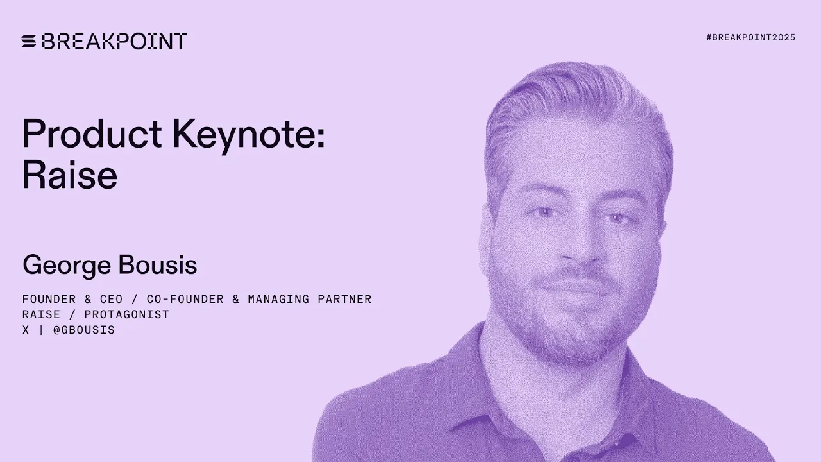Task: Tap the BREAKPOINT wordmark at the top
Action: click(114, 42)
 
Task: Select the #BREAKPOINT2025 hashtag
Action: click(750, 38)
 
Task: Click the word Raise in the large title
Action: click(69, 175)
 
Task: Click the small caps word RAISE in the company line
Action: click(41, 314)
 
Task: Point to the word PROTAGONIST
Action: click(126, 314)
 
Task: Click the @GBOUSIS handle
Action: click(84, 330)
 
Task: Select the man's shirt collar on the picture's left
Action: click(468, 379)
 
